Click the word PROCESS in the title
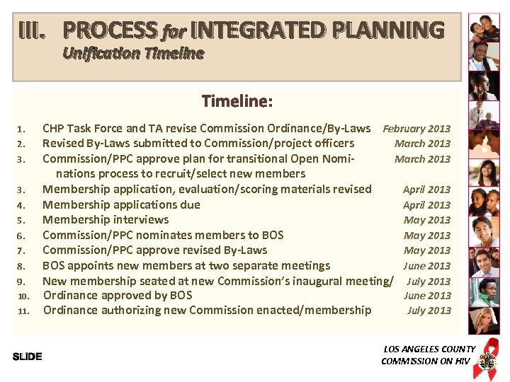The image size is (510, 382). (x=110, y=30)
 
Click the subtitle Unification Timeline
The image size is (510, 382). (x=133, y=53)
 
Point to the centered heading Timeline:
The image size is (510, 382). (x=237, y=101)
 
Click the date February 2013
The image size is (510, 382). (x=416, y=129)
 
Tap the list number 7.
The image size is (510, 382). (x=21, y=250)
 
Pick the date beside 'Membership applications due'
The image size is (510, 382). (x=426, y=205)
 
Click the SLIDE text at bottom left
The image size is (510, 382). (x=28, y=357)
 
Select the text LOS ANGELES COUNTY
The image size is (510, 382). (x=429, y=349)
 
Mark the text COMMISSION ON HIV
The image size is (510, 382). (x=425, y=361)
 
